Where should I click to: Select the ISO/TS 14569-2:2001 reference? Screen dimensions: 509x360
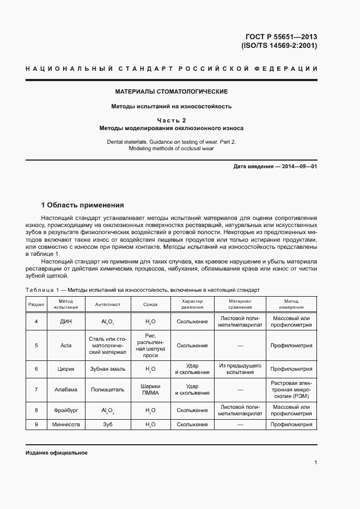click(279, 46)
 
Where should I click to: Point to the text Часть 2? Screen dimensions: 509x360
click(172, 120)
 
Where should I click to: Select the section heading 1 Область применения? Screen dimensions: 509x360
click(82, 205)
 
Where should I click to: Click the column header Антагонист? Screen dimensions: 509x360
click(107, 304)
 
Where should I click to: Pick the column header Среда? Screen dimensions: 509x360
click(150, 304)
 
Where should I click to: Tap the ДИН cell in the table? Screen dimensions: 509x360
click(66, 322)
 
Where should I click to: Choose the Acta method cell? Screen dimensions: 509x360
click(66, 346)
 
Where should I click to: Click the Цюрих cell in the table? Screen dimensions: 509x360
click(66, 369)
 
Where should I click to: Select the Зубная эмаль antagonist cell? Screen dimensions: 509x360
click(107, 369)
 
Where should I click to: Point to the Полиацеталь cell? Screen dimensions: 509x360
click(107, 389)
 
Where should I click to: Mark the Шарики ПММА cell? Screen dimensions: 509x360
click(150, 389)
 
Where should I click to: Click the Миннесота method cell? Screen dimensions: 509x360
click(66, 425)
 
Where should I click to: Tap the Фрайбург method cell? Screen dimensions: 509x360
click(66, 410)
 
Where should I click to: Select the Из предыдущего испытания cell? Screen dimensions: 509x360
click(240, 369)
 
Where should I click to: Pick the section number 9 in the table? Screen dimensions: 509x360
click(36, 425)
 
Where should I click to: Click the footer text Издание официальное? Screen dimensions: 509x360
click(57, 453)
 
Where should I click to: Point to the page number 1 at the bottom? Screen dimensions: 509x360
click(316, 463)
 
